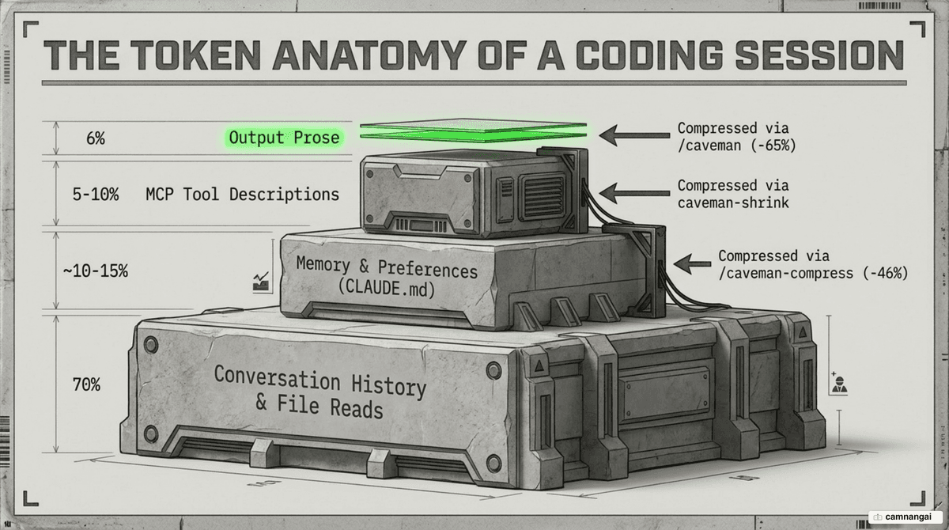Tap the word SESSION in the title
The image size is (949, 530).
[x=819, y=55]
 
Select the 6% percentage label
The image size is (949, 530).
[x=96, y=138]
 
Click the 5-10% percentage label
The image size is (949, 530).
[x=96, y=195]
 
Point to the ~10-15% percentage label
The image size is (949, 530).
[x=96, y=271]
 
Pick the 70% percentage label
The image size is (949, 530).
[x=86, y=384]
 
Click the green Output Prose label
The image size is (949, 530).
[x=284, y=138]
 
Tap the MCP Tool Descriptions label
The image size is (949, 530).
[x=242, y=195]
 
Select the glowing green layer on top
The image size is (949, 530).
[x=473, y=131]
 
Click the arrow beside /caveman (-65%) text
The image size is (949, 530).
[x=634, y=135]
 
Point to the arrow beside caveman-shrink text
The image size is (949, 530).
[x=634, y=193]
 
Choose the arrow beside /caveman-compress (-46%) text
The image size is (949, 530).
[x=692, y=264]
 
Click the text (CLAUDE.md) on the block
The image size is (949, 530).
[x=387, y=288]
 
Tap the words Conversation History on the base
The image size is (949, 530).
[x=319, y=381]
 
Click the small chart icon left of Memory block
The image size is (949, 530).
[x=261, y=282]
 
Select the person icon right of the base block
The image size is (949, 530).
[x=839, y=384]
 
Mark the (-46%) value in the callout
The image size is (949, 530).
[x=885, y=273]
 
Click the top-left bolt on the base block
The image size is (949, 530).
[x=151, y=345]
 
